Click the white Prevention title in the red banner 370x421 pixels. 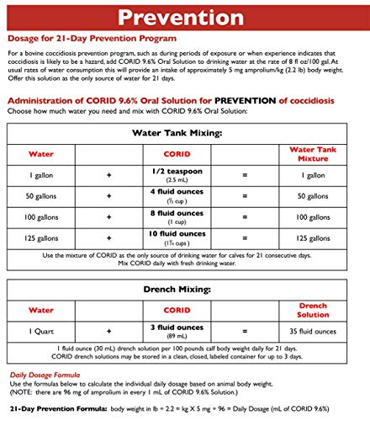185,17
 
